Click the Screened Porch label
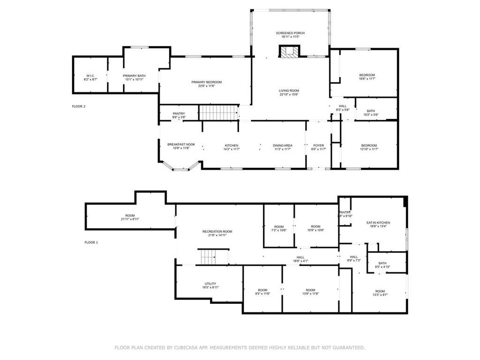pos(290,33)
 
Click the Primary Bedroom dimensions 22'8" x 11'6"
pos(206,86)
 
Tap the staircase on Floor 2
pos(218,112)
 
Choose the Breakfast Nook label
pos(181,144)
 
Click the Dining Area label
pos(283,145)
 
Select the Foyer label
pos(319,145)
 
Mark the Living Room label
pos(289,90)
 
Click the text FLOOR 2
pos(78,106)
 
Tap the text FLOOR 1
pos(91,242)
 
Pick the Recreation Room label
pos(217,232)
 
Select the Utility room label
pos(210,284)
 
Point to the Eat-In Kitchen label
pos(378,223)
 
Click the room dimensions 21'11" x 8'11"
pos(130,219)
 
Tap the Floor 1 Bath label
pos(382,263)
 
